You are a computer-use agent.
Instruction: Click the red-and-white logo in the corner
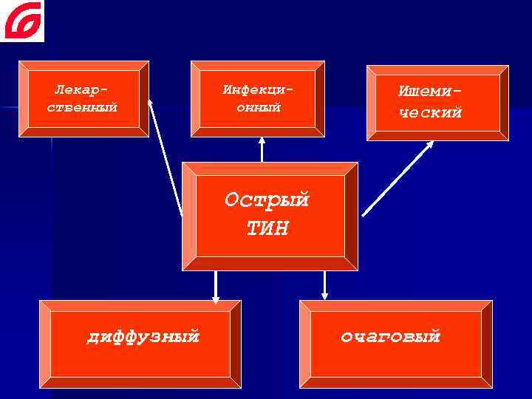click(x=22, y=21)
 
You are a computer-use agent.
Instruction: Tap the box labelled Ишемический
click(x=438, y=102)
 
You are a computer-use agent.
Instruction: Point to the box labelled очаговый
click(x=395, y=344)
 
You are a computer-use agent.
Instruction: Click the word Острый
click(x=267, y=200)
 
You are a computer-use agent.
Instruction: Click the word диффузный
click(x=143, y=337)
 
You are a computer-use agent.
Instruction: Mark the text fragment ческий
click(x=431, y=113)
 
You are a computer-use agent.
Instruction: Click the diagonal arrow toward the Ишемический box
click(x=398, y=177)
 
